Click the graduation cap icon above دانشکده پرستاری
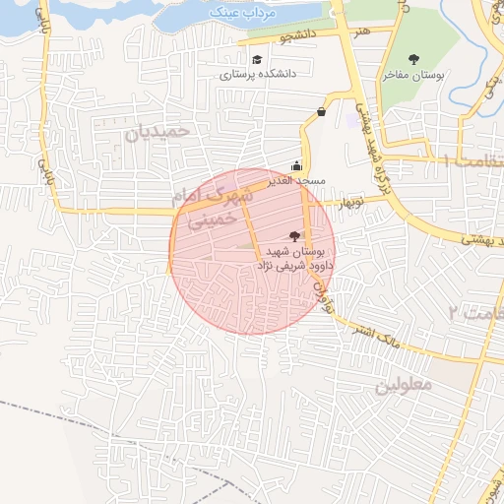(x=258, y=59)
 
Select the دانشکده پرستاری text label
(x=258, y=74)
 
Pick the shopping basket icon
(x=322, y=112)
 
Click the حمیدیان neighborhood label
(x=162, y=130)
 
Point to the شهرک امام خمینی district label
(x=211, y=208)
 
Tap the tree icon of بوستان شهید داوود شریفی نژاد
(x=294, y=235)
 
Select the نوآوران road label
(x=322, y=292)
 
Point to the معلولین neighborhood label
(x=403, y=385)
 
